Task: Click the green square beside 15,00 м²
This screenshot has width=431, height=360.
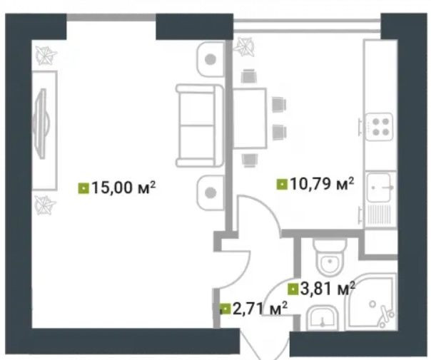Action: tap(83, 188)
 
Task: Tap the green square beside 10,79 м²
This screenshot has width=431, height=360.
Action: tap(282, 184)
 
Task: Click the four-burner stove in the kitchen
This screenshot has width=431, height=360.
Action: tap(379, 127)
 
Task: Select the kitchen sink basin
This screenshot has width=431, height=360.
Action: tap(378, 187)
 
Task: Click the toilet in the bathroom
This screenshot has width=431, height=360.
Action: tap(330, 257)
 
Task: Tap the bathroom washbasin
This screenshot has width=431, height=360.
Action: tap(322, 319)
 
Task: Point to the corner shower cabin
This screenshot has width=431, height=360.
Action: tap(371, 302)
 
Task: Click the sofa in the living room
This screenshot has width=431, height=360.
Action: tap(200, 125)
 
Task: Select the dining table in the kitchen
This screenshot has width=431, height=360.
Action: tap(250, 118)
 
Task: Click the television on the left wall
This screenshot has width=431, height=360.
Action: tap(41, 123)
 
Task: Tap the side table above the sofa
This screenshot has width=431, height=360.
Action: tap(211, 59)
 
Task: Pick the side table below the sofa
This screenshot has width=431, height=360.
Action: tap(211, 192)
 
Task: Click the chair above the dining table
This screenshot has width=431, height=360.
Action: tap(249, 76)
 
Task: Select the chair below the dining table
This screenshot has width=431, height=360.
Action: tap(250, 160)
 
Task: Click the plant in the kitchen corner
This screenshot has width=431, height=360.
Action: tap(244, 47)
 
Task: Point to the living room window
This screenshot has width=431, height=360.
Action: tap(111, 18)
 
